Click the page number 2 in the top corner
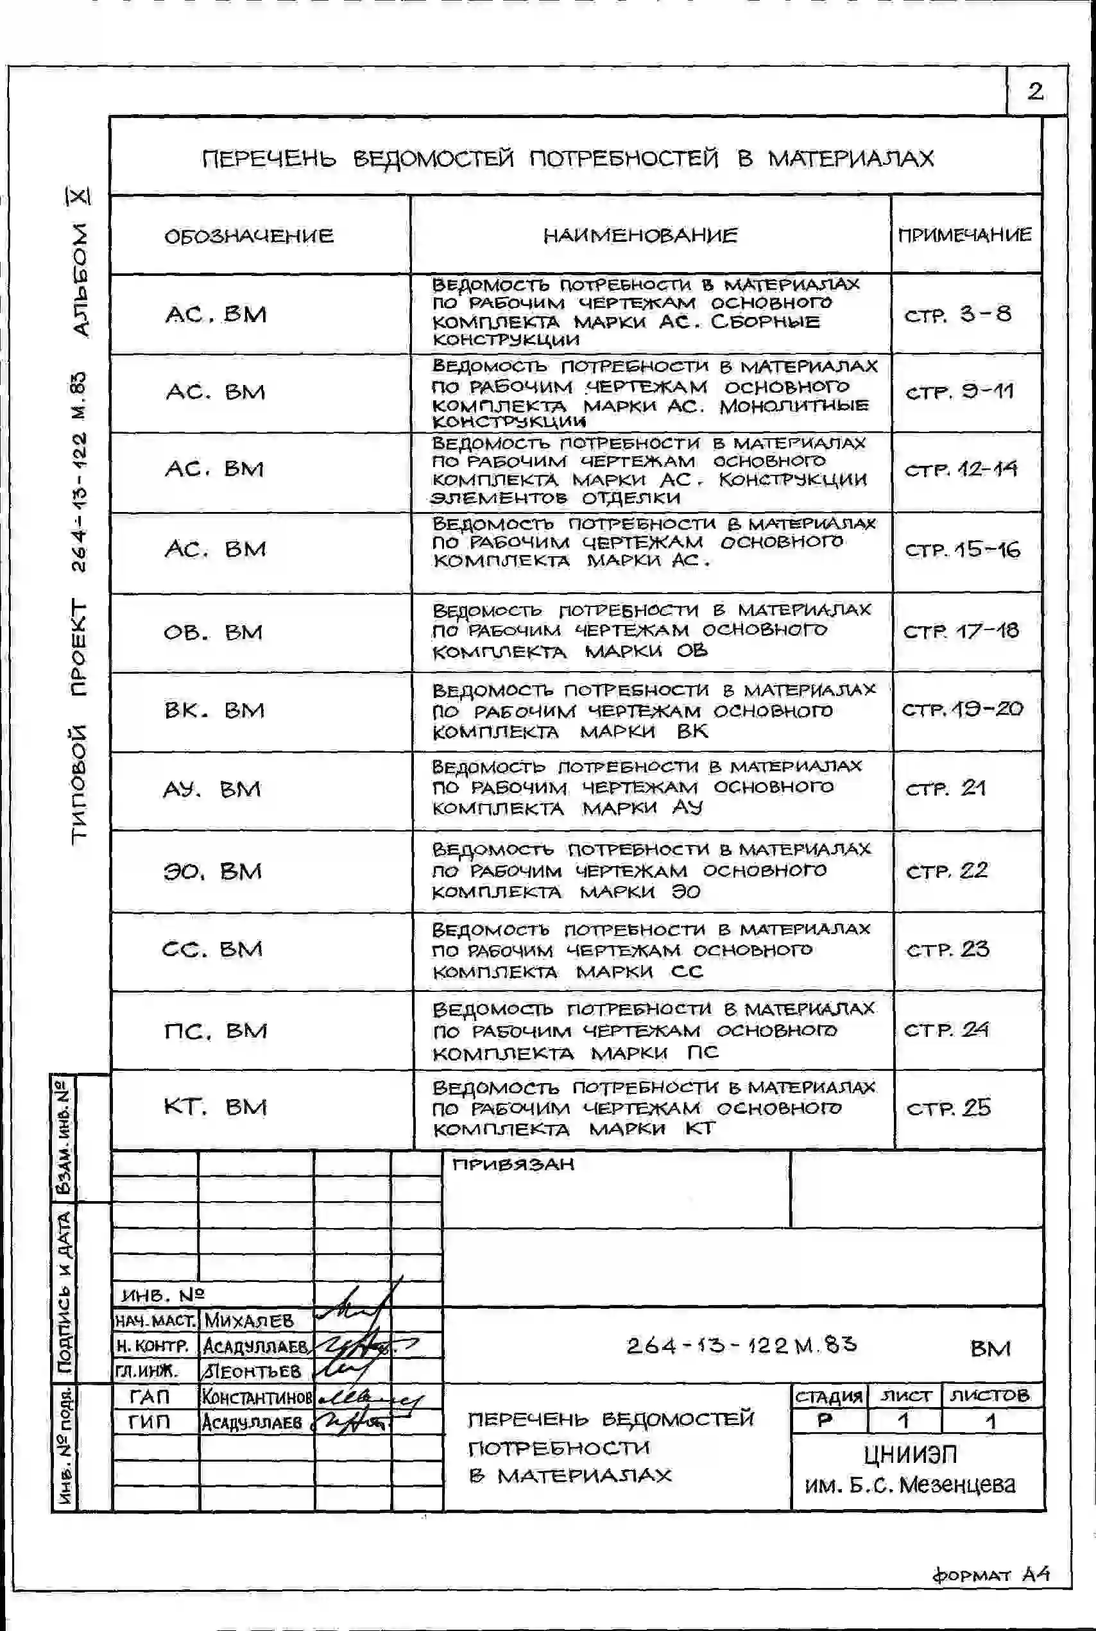[x=1035, y=91]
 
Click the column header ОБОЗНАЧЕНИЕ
[x=249, y=235]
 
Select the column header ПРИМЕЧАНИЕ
[x=964, y=235]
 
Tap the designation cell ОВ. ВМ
[x=213, y=633]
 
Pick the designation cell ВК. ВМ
[x=214, y=711]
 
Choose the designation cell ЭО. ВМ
[x=212, y=871]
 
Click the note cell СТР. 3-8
[x=957, y=314]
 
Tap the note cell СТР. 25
[x=948, y=1108]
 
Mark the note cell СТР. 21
[x=946, y=789]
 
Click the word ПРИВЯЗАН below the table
[x=513, y=1164]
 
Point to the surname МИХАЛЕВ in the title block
[x=249, y=1320]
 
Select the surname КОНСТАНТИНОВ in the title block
[x=257, y=1397]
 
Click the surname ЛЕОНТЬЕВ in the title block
[x=252, y=1371]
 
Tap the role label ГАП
[x=149, y=1397]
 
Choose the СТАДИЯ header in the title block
[x=829, y=1396]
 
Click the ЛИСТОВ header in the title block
[x=989, y=1396]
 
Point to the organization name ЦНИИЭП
[x=910, y=1455]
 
